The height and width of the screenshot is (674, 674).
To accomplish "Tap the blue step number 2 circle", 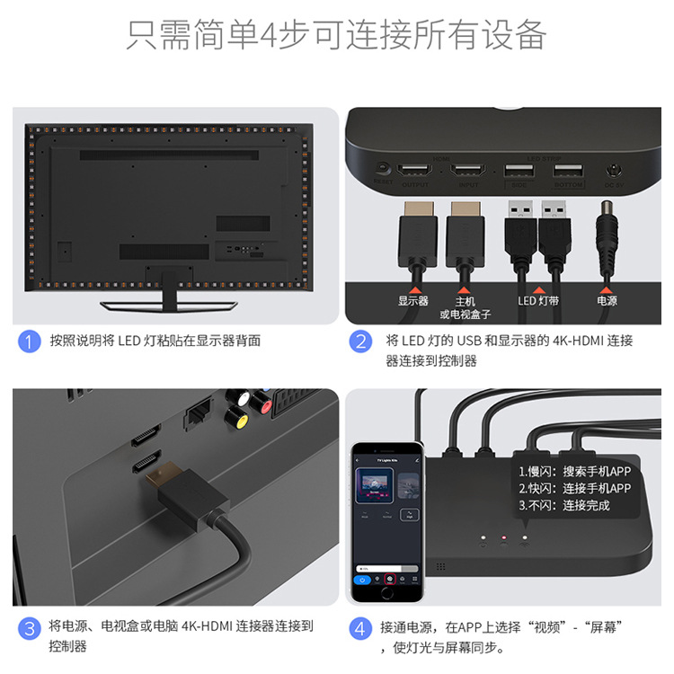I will pos(360,341).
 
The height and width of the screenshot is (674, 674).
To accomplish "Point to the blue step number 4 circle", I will pos(360,627).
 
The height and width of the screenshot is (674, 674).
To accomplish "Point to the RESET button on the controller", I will pos(383,168).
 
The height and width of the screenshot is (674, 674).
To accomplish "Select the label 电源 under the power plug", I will pos(607,301).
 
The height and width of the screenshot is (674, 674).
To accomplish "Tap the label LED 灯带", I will pos(538,301).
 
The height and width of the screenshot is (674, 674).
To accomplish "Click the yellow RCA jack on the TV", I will pos(237,416).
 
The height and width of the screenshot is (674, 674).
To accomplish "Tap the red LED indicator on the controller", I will pos(504,538).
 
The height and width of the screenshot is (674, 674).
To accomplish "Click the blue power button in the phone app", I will pos(361,580).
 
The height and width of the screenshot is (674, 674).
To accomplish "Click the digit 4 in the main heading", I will pos(270,35).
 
